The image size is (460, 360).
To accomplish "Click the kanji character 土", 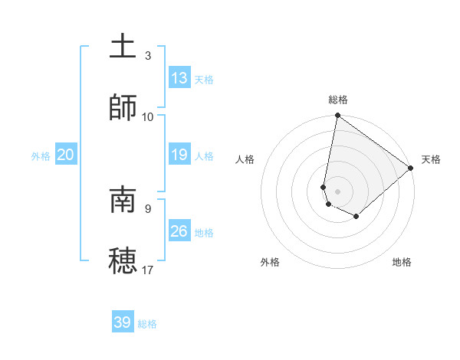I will (x=123, y=47).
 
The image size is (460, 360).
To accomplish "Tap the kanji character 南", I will (x=123, y=200).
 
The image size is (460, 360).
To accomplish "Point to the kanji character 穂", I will (x=123, y=260).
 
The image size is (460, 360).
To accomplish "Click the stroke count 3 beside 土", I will (x=148, y=56).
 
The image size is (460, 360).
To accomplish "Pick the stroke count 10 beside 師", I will (x=148, y=116).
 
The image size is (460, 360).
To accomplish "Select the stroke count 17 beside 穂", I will (x=148, y=270).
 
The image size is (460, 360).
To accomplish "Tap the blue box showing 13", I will (x=179, y=78).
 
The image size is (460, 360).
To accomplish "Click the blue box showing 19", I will (x=179, y=155).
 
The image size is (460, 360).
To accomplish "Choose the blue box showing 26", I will (x=179, y=231).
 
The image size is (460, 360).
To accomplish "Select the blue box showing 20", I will (x=66, y=155).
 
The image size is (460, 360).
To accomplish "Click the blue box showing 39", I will (x=123, y=322).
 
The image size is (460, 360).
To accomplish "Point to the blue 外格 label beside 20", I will (x=41, y=156).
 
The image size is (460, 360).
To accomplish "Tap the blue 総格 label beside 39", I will (x=147, y=324).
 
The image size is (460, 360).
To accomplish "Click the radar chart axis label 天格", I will (x=431, y=159).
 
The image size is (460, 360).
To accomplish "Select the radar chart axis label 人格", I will (x=245, y=159).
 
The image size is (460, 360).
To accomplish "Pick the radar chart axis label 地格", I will (x=402, y=262).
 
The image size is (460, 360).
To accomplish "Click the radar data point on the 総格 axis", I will (x=337, y=116).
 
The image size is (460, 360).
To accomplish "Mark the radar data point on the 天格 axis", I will (x=411, y=168).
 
